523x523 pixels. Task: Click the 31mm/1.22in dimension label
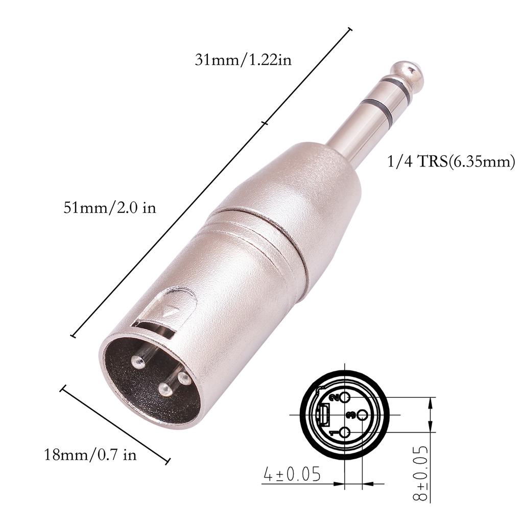pyautogui.click(x=243, y=60)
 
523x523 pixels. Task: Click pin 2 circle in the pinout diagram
pyautogui.click(x=345, y=397)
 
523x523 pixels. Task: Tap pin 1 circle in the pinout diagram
pyautogui.click(x=345, y=433)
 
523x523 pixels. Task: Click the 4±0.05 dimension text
pyautogui.click(x=292, y=474)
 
